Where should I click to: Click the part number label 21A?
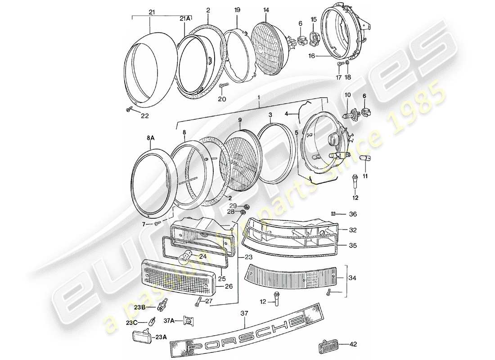pyautogui.click(x=185, y=18)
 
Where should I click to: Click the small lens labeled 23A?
pyautogui.click(x=140, y=337)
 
